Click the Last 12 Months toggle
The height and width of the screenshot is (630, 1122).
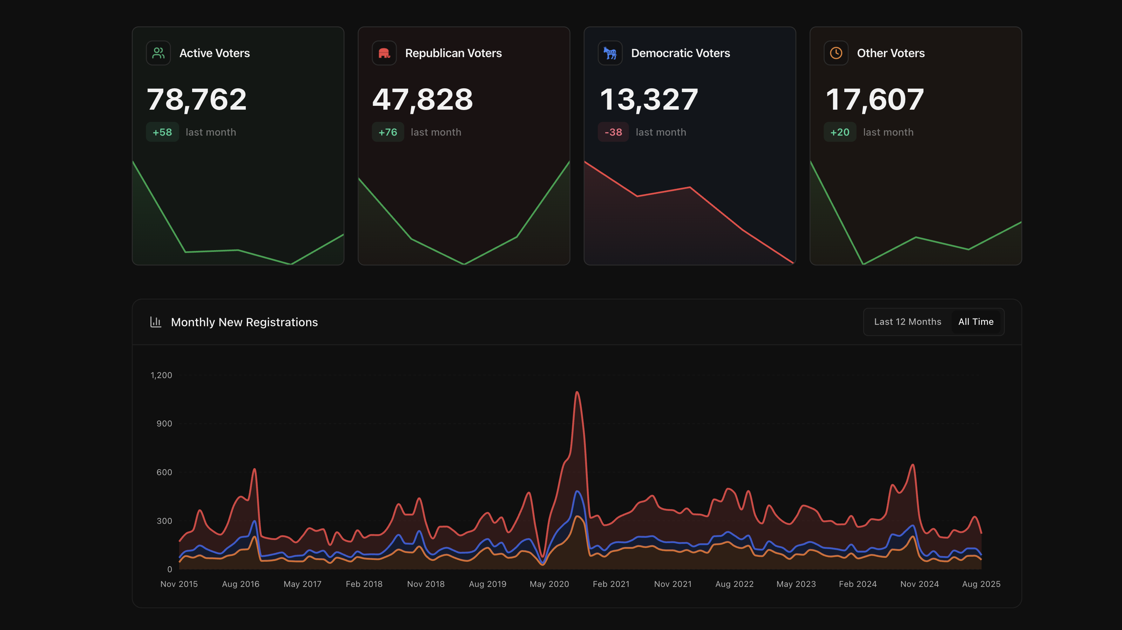(x=907, y=322)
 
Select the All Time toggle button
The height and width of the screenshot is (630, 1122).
(x=976, y=322)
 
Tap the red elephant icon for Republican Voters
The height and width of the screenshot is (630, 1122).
(x=384, y=53)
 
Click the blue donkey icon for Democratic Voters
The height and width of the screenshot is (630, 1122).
(x=610, y=53)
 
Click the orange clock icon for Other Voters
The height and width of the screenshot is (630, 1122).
(x=836, y=53)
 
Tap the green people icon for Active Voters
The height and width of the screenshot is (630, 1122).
(x=158, y=53)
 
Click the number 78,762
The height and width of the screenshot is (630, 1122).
(x=197, y=99)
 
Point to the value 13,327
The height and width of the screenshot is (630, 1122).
(x=649, y=99)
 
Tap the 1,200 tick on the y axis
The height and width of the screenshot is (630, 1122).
(x=161, y=375)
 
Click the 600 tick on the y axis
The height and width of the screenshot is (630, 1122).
(x=164, y=472)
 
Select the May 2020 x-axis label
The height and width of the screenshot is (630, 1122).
(x=549, y=584)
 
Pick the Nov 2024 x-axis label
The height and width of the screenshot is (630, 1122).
(x=919, y=584)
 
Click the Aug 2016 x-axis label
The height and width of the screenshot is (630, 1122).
(x=241, y=584)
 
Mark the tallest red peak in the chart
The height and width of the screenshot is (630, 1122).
(x=577, y=392)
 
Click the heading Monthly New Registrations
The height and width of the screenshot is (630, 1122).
(x=244, y=322)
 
